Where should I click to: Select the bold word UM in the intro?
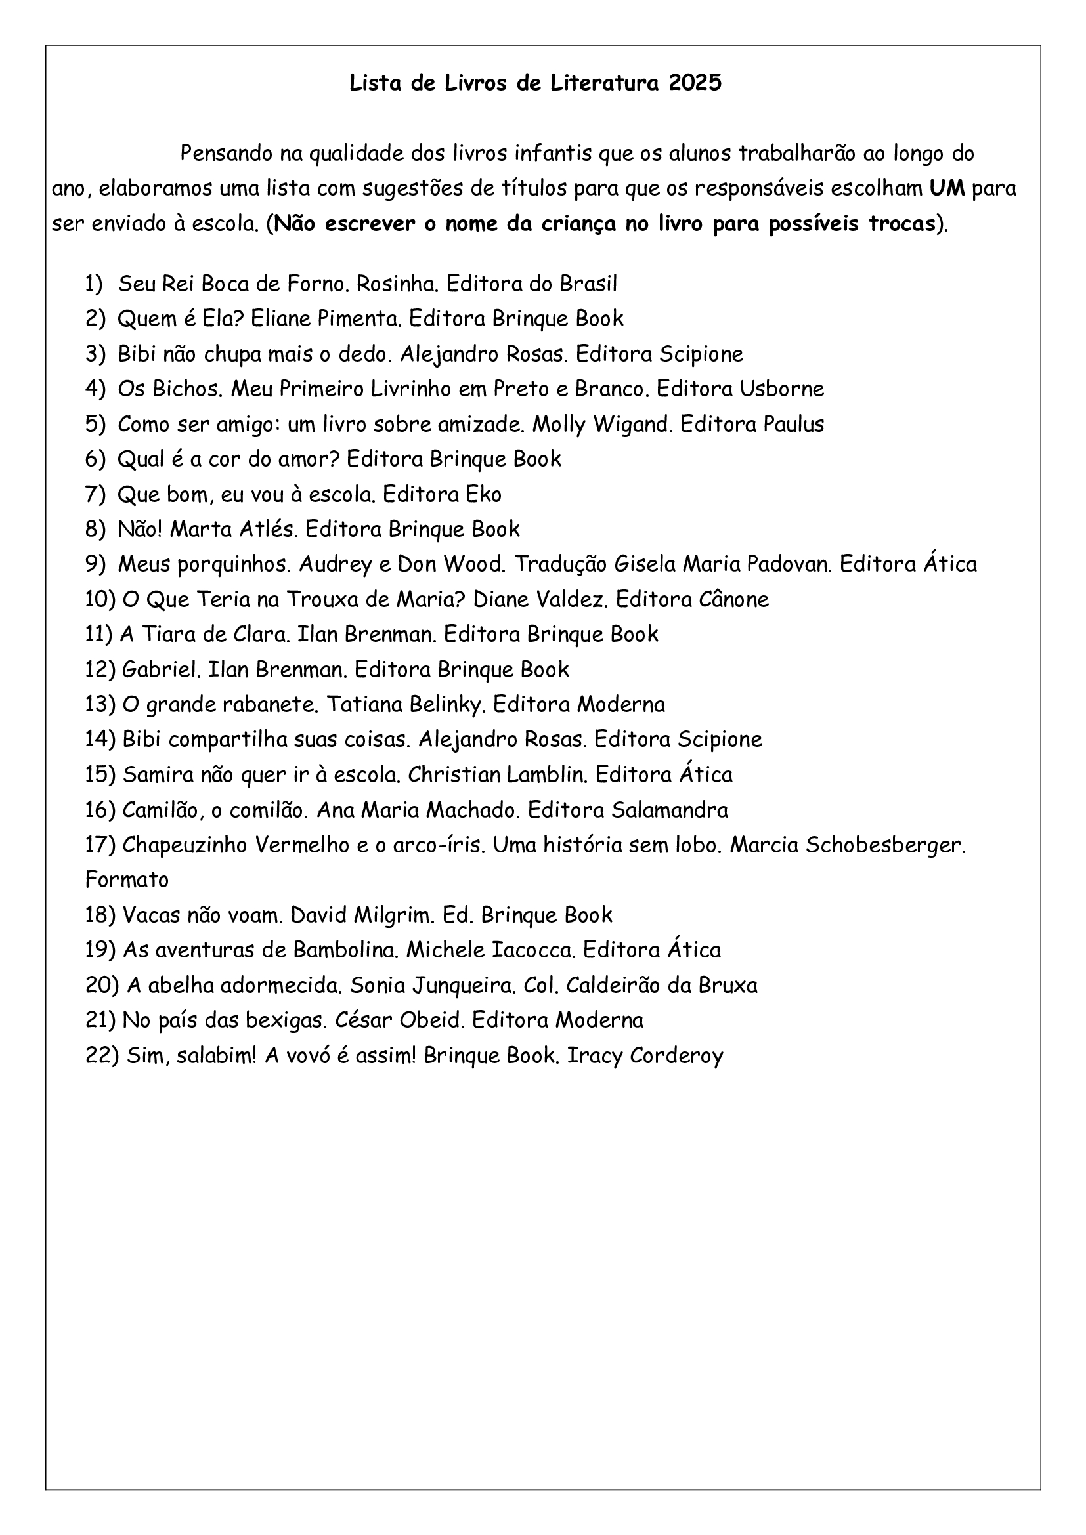[x=947, y=188]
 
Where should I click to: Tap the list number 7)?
[x=96, y=495]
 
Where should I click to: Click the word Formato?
[x=127, y=880]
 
